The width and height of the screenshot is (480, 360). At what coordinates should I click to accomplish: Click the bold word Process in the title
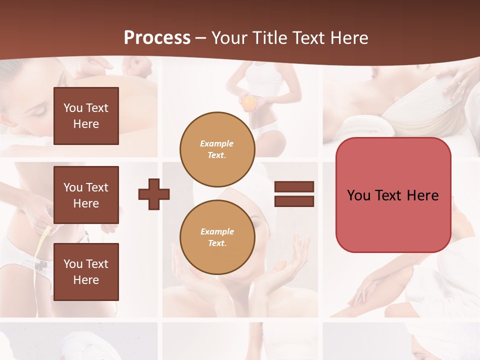click(x=157, y=38)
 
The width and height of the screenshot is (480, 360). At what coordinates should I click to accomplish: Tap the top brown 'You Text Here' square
click(x=86, y=116)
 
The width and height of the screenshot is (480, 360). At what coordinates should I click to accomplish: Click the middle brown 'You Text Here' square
click(x=86, y=195)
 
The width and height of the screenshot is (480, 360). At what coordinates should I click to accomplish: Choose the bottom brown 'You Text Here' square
click(x=86, y=271)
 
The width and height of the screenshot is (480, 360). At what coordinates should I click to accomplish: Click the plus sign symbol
click(x=154, y=193)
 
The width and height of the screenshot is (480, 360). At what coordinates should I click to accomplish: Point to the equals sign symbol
click(x=294, y=194)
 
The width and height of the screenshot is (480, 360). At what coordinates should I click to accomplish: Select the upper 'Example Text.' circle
click(x=217, y=149)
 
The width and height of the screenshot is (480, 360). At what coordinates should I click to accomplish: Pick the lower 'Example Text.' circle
click(x=217, y=237)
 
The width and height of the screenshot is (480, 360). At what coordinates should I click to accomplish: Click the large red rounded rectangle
click(x=393, y=195)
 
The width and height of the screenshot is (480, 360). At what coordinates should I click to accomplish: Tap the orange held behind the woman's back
click(x=248, y=102)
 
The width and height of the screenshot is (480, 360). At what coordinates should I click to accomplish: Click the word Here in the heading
click(x=349, y=38)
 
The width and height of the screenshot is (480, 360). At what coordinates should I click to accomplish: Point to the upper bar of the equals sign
click(x=294, y=187)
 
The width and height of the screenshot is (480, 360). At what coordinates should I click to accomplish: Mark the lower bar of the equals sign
click(x=294, y=201)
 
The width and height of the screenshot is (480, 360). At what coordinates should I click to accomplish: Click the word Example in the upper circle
click(x=217, y=143)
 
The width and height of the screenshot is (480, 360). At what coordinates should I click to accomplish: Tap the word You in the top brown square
click(x=72, y=108)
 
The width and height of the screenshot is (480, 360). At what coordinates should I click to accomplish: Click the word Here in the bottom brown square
click(x=86, y=280)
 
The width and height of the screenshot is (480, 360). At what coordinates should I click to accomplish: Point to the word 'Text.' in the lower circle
click(x=217, y=243)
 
